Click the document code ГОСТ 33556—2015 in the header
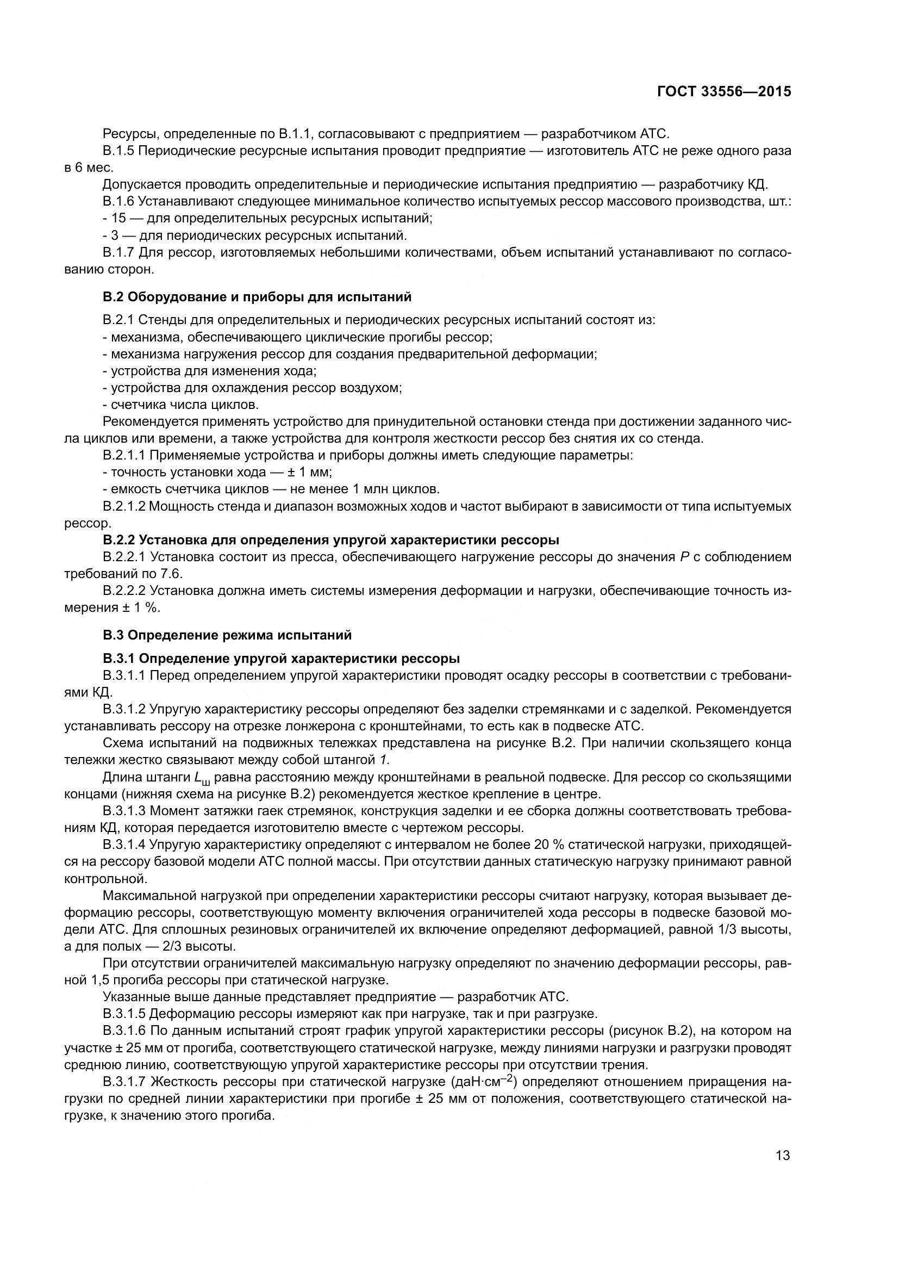click(723, 91)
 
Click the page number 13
click(783, 1155)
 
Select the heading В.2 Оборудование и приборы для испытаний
click(257, 297)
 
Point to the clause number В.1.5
click(118, 151)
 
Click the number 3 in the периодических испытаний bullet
click(115, 235)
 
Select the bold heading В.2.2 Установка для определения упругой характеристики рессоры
click(330, 539)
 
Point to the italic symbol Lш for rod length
click(203, 778)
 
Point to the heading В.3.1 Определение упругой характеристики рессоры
click(281, 658)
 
